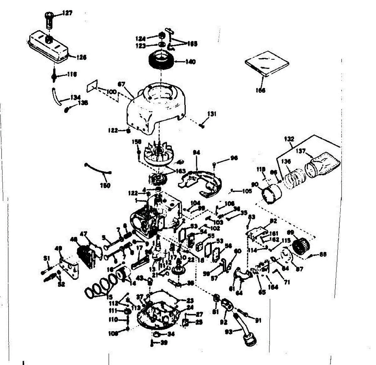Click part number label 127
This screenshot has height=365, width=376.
tap(67, 13)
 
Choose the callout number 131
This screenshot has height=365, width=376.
tap(212, 115)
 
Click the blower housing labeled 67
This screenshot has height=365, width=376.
tap(154, 106)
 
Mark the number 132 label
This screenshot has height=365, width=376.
tap(289, 138)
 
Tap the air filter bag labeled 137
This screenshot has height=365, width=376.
tap(323, 164)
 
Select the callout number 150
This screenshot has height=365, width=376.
tap(105, 185)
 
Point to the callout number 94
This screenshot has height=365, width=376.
tap(196, 153)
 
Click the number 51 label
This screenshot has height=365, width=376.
tap(46, 258)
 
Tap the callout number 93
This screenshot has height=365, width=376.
tap(229, 331)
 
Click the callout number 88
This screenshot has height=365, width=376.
tap(323, 254)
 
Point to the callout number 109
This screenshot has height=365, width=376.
tap(113, 334)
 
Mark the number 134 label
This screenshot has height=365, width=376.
tap(76, 98)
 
